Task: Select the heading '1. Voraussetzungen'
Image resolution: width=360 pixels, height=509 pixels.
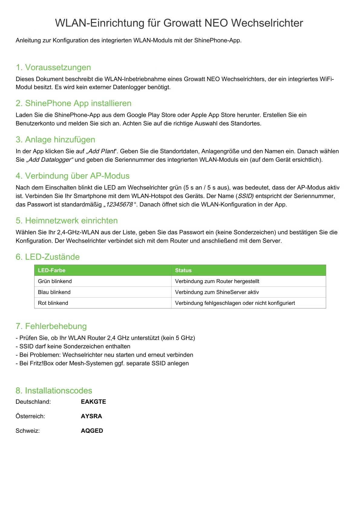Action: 53,67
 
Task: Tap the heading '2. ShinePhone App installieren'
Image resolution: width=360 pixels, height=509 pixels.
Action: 74,103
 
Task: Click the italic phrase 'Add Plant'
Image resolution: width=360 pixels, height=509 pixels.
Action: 101,151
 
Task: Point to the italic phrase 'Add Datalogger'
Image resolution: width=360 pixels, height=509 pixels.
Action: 50,160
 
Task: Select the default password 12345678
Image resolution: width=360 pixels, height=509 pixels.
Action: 119,204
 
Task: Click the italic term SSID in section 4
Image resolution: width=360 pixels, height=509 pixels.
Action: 246,196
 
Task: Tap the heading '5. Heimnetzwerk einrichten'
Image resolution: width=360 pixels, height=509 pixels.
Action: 67,220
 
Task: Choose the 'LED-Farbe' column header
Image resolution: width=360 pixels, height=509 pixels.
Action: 52,270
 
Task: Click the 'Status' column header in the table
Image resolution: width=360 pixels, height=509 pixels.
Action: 183,270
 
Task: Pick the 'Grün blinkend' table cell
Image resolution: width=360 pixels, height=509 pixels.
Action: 55,281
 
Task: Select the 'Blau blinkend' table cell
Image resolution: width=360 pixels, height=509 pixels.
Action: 54,292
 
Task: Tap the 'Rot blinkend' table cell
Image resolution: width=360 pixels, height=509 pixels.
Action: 53,303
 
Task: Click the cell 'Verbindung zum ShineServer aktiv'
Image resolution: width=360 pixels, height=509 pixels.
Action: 217,292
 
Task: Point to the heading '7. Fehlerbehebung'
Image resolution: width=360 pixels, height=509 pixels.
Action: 51,326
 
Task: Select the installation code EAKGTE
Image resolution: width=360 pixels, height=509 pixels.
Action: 93,402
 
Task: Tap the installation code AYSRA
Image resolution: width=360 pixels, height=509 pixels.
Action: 91,416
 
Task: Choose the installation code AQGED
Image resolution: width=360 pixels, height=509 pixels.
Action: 92,431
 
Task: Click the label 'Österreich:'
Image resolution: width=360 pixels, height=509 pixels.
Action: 30,416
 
